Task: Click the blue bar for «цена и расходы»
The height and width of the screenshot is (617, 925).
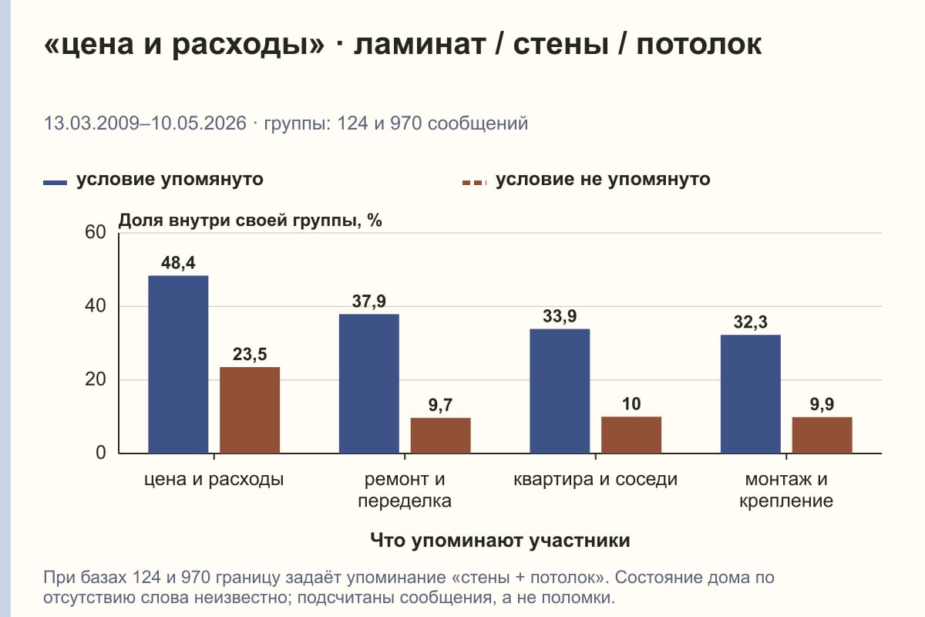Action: (x=178, y=365)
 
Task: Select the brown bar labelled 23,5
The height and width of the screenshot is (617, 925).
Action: (x=250, y=410)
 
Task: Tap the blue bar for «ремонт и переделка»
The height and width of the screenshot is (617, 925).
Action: (x=368, y=383)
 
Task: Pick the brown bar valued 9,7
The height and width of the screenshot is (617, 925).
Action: (x=440, y=436)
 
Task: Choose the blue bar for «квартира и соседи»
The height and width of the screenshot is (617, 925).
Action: (x=560, y=391)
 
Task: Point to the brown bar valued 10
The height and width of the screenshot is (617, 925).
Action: (x=631, y=435)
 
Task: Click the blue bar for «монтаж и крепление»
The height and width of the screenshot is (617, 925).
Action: (x=750, y=394)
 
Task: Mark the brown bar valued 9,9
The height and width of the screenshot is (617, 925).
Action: (x=822, y=435)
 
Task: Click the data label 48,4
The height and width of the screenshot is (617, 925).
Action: (x=178, y=263)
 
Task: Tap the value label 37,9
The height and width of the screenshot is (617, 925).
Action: (x=368, y=302)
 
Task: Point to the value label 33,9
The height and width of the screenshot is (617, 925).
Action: (x=560, y=316)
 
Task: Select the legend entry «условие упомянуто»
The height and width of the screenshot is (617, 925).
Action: (x=153, y=180)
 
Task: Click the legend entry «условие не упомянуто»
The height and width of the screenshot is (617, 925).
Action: (x=586, y=180)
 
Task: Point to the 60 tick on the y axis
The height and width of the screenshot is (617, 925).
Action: (x=96, y=232)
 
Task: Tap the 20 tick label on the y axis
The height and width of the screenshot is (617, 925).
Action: (x=96, y=379)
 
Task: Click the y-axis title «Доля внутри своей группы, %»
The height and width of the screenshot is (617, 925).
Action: (x=251, y=221)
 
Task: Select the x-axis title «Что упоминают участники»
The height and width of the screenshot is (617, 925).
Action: (x=500, y=541)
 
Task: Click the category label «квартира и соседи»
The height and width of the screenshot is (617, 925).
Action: (x=595, y=480)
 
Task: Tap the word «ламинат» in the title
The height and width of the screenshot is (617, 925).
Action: (x=419, y=44)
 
